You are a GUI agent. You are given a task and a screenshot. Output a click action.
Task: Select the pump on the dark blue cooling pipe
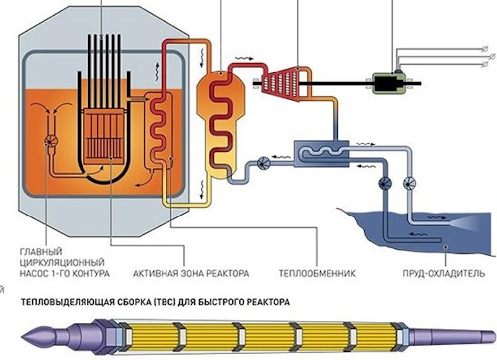[x=385, y=183]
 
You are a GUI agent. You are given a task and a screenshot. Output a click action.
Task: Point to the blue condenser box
[x=321, y=153]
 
